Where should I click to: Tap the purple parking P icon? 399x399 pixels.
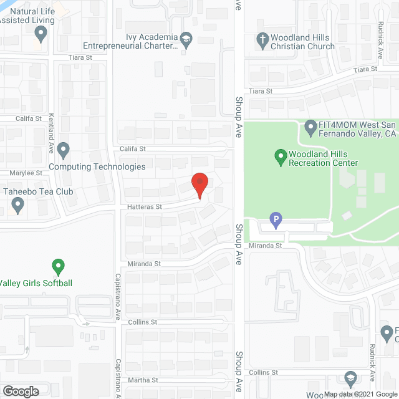(274, 219)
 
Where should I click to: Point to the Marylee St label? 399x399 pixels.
(25, 173)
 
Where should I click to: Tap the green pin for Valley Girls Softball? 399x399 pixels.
(58, 267)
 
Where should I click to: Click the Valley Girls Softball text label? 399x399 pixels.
(36, 283)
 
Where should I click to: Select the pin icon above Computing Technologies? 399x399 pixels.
(63, 150)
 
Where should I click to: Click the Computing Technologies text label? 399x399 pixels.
(97, 166)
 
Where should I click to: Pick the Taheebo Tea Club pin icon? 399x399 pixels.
(17, 203)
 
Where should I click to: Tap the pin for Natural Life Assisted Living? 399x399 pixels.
(41, 32)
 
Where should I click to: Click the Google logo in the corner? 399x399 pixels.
(20, 392)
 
